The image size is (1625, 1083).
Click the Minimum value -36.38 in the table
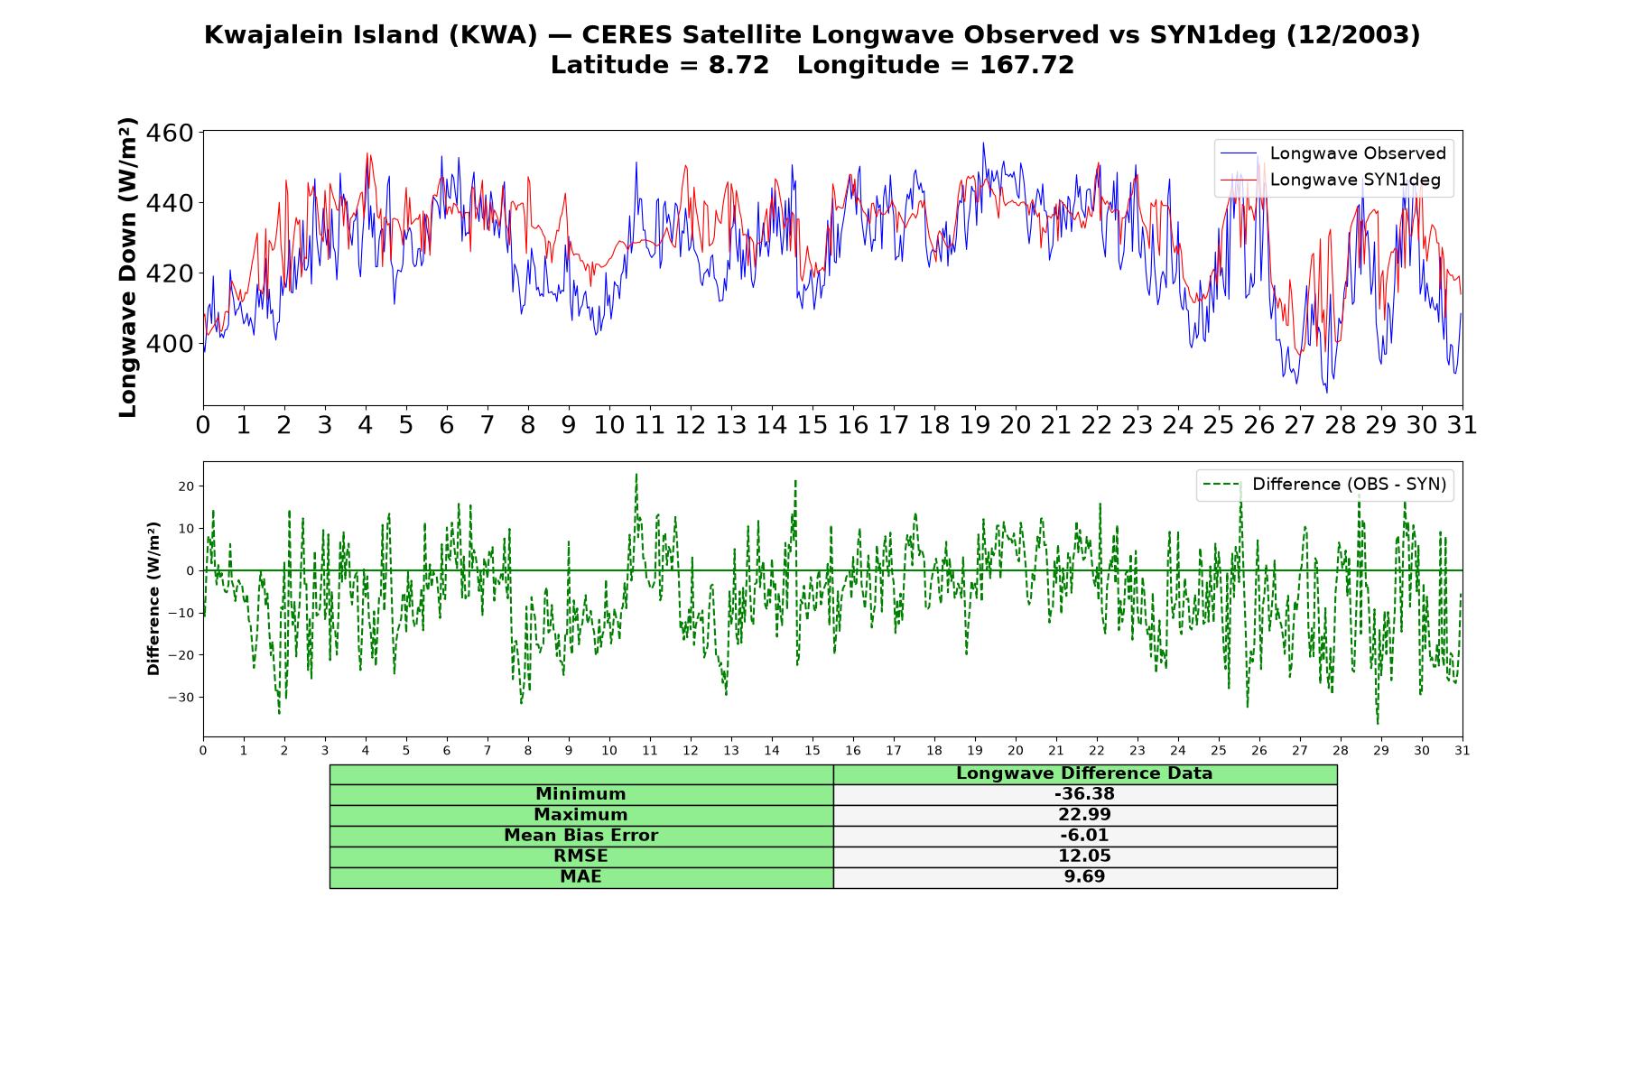1084,794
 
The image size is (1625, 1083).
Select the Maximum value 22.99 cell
1084,815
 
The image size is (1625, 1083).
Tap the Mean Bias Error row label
580,836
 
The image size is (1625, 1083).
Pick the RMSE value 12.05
1084,856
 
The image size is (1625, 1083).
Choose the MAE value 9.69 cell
1084,877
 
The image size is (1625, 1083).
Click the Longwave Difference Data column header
1084,773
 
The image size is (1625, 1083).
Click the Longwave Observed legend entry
1333,153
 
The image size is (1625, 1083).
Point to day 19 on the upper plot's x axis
975,425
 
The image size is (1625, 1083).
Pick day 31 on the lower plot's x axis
1462,750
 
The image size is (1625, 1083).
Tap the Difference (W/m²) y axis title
153,598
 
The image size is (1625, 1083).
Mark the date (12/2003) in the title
1353,35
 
